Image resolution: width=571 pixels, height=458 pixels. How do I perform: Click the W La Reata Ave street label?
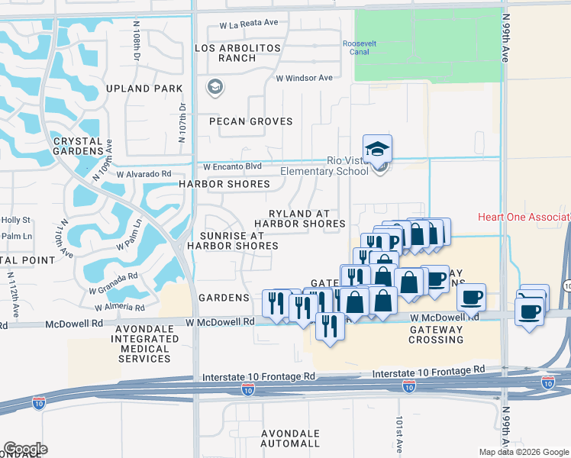pos(249,24)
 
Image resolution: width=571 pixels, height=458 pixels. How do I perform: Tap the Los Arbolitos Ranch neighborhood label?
pos(238,53)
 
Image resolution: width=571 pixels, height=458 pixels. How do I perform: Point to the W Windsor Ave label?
pos(304,78)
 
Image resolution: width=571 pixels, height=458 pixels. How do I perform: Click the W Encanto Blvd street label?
pos(232,166)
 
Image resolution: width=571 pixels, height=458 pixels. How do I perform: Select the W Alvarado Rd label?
pos(144,174)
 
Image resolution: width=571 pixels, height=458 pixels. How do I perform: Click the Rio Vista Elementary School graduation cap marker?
pos(377,150)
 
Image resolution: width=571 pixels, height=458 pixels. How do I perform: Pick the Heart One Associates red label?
pos(524,217)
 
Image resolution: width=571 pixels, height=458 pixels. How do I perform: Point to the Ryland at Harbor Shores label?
pos(300,219)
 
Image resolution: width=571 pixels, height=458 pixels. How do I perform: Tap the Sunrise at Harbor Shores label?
pos(226,241)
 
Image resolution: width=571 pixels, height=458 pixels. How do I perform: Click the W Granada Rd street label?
pos(112,282)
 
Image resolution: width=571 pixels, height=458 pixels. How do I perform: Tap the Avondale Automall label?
pos(290,438)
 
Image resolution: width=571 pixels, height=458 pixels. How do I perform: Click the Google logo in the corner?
pos(25,449)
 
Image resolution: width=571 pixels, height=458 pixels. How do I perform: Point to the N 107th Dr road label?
pos(182,124)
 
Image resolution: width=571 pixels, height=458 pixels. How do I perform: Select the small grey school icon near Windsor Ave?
pos(215,88)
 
